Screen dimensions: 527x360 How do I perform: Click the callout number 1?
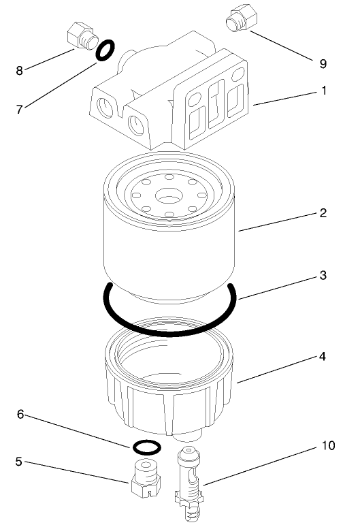tap(324, 89)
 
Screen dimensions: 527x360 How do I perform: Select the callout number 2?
tap(324, 212)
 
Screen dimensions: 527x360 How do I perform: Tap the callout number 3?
tap(324, 276)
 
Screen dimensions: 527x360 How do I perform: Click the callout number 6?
tap(22, 414)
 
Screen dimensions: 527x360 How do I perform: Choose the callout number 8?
tap(20, 69)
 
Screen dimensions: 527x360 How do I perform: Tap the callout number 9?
tap(323, 63)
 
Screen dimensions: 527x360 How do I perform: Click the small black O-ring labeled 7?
tap(105, 50)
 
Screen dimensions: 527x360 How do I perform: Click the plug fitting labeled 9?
tap(242, 18)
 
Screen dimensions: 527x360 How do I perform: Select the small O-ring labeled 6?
tap(146, 447)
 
